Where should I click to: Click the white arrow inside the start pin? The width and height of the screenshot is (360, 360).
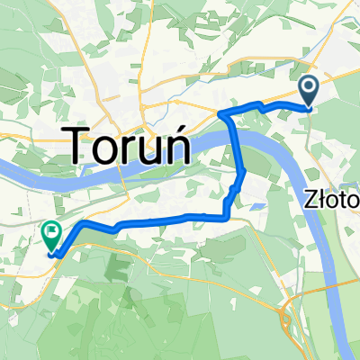pyautogui.click(x=308, y=87)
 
